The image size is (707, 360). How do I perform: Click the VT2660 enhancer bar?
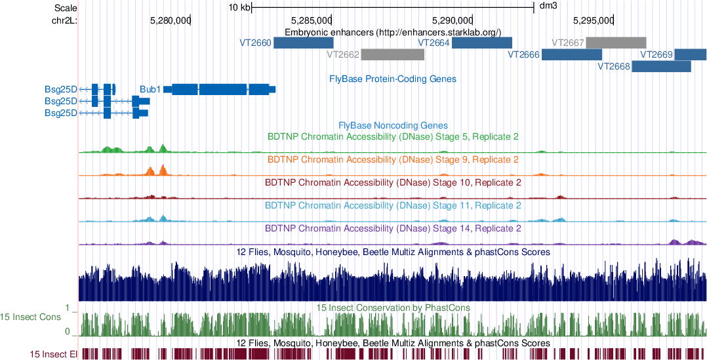click(303, 43)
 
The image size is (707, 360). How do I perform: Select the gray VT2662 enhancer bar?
click(392, 54)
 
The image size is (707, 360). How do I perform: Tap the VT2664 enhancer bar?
click(481, 43)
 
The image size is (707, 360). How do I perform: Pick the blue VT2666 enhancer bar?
click(571, 54)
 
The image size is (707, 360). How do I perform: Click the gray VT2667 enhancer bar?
click(616, 43)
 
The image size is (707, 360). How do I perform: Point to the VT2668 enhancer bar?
click(661, 66)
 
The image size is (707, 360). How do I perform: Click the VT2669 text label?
click(656, 54)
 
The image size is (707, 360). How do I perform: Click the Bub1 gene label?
click(150, 89)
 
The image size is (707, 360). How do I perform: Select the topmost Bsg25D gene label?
click(61, 89)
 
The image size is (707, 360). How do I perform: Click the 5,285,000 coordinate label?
click(312, 20)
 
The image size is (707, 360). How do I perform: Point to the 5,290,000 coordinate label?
click(452, 20)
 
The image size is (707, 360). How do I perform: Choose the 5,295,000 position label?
click(593, 20)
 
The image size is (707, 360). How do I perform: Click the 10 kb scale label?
click(239, 8)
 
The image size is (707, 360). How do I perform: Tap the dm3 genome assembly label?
click(548, 8)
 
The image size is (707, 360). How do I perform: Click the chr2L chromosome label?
click(64, 20)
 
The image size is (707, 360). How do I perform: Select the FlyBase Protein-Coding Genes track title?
click(393, 79)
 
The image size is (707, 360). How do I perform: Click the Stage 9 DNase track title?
click(393, 159)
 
